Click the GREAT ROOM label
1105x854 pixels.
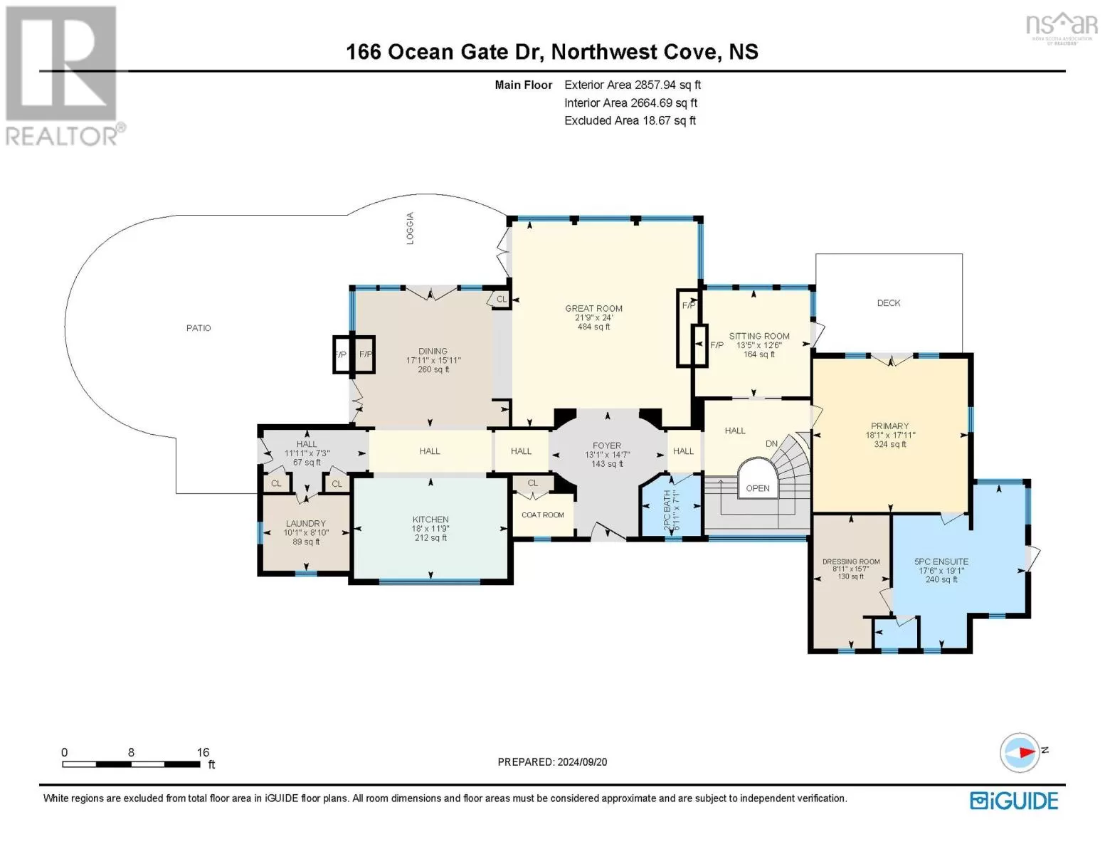(x=593, y=308)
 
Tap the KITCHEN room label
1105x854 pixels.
(x=430, y=520)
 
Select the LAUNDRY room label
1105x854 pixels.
(x=305, y=523)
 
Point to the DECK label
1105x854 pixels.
(x=889, y=303)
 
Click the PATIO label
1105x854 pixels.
(x=199, y=328)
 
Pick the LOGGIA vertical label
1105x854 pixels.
(x=410, y=228)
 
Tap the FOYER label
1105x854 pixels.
(x=607, y=446)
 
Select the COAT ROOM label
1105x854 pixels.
(x=543, y=515)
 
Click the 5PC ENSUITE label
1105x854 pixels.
(x=941, y=562)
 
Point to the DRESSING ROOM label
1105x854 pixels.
(x=851, y=562)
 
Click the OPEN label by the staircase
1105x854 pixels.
(x=758, y=488)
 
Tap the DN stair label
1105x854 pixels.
(x=771, y=443)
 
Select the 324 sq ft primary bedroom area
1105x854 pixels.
(x=889, y=444)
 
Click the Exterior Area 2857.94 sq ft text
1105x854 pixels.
(x=632, y=85)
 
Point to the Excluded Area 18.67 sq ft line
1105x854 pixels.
(x=630, y=120)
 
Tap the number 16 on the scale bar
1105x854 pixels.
(x=203, y=752)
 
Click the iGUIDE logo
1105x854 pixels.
(x=1014, y=801)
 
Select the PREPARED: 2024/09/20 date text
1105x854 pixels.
(x=552, y=762)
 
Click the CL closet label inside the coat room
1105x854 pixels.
(x=532, y=483)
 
